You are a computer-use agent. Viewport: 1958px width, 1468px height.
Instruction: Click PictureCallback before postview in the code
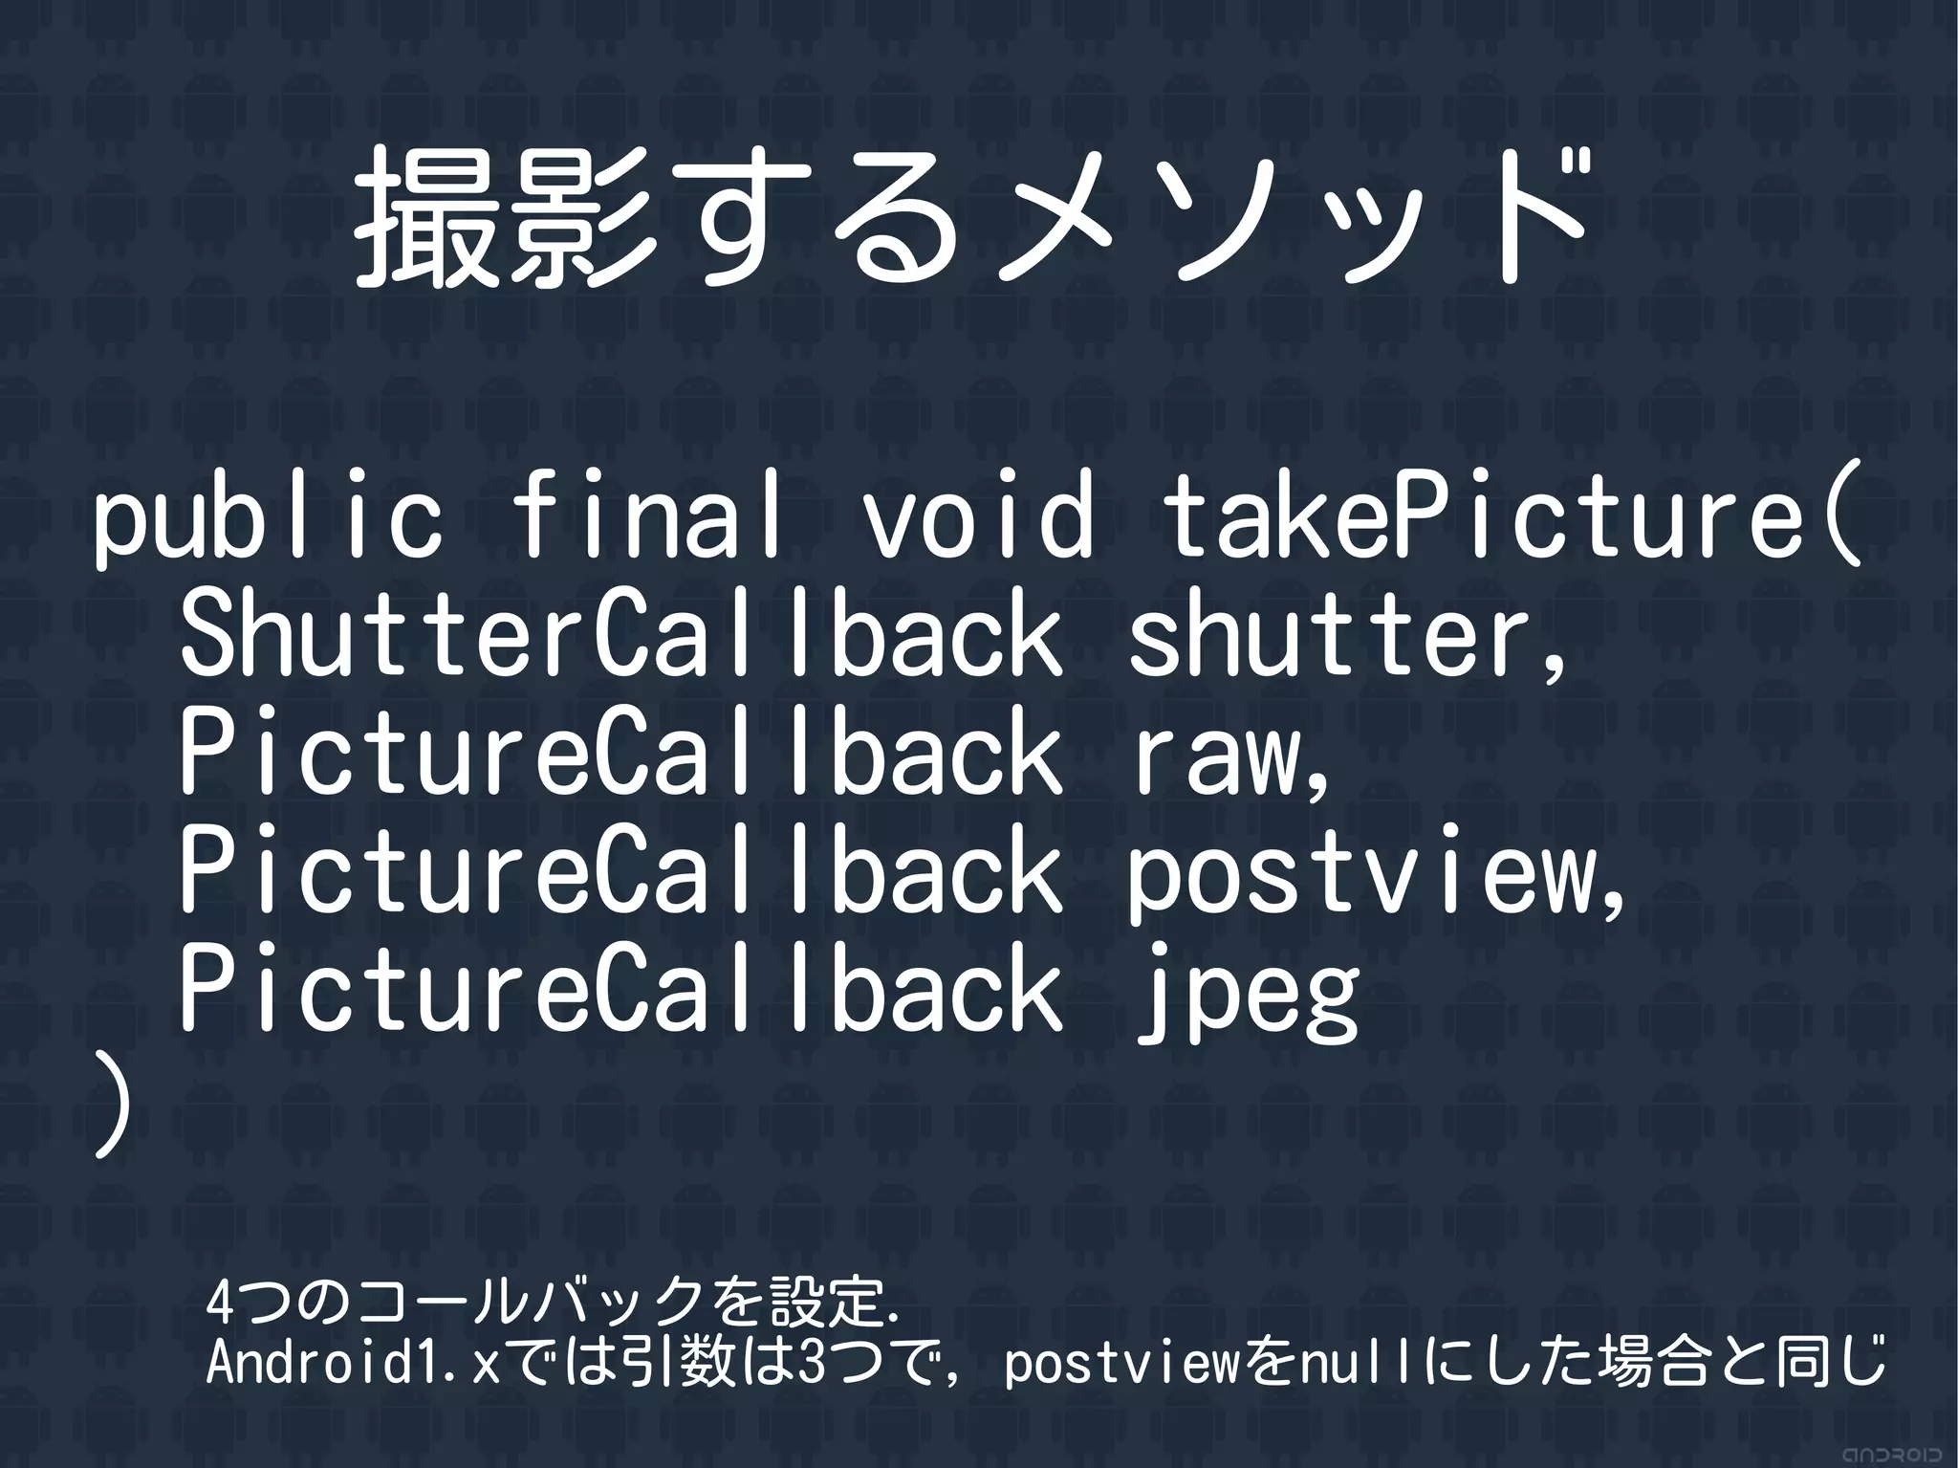pyautogui.click(x=621, y=870)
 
